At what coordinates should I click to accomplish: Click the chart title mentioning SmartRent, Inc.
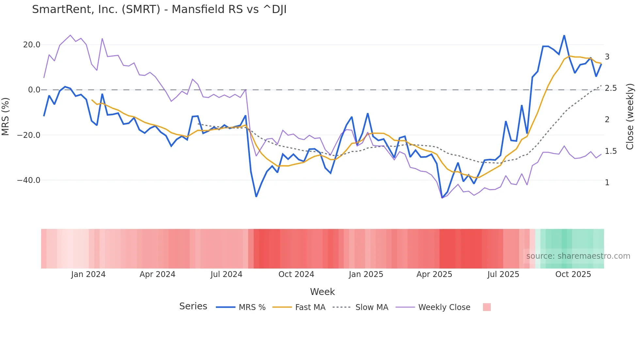click(x=159, y=9)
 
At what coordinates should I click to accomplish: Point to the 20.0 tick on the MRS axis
click(x=32, y=45)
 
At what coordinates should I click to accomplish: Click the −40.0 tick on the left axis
click(x=29, y=180)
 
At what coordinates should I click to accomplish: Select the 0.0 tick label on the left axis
click(x=34, y=90)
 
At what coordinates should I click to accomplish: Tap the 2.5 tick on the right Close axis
click(x=611, y=88)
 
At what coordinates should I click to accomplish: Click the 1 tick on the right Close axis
click(x=607, y=183)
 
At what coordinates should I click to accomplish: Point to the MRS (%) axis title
click(x=6, y=117)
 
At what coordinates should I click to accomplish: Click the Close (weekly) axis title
click(x=630, y=117)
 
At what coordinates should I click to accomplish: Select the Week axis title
click(x=322, y=292)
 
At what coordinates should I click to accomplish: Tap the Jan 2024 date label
click(x=88, y=274)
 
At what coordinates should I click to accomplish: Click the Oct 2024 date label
click(x=296, y=274)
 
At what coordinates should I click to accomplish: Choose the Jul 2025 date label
click(x=503, y=274)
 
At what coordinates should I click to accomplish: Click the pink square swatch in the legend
click(x=487, y=307)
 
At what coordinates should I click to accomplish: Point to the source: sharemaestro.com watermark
click(x=578, y=256)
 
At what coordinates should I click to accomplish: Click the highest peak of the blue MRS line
click(x=564, y=36)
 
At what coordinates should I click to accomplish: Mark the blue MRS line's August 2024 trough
click(x=256, y=196)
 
